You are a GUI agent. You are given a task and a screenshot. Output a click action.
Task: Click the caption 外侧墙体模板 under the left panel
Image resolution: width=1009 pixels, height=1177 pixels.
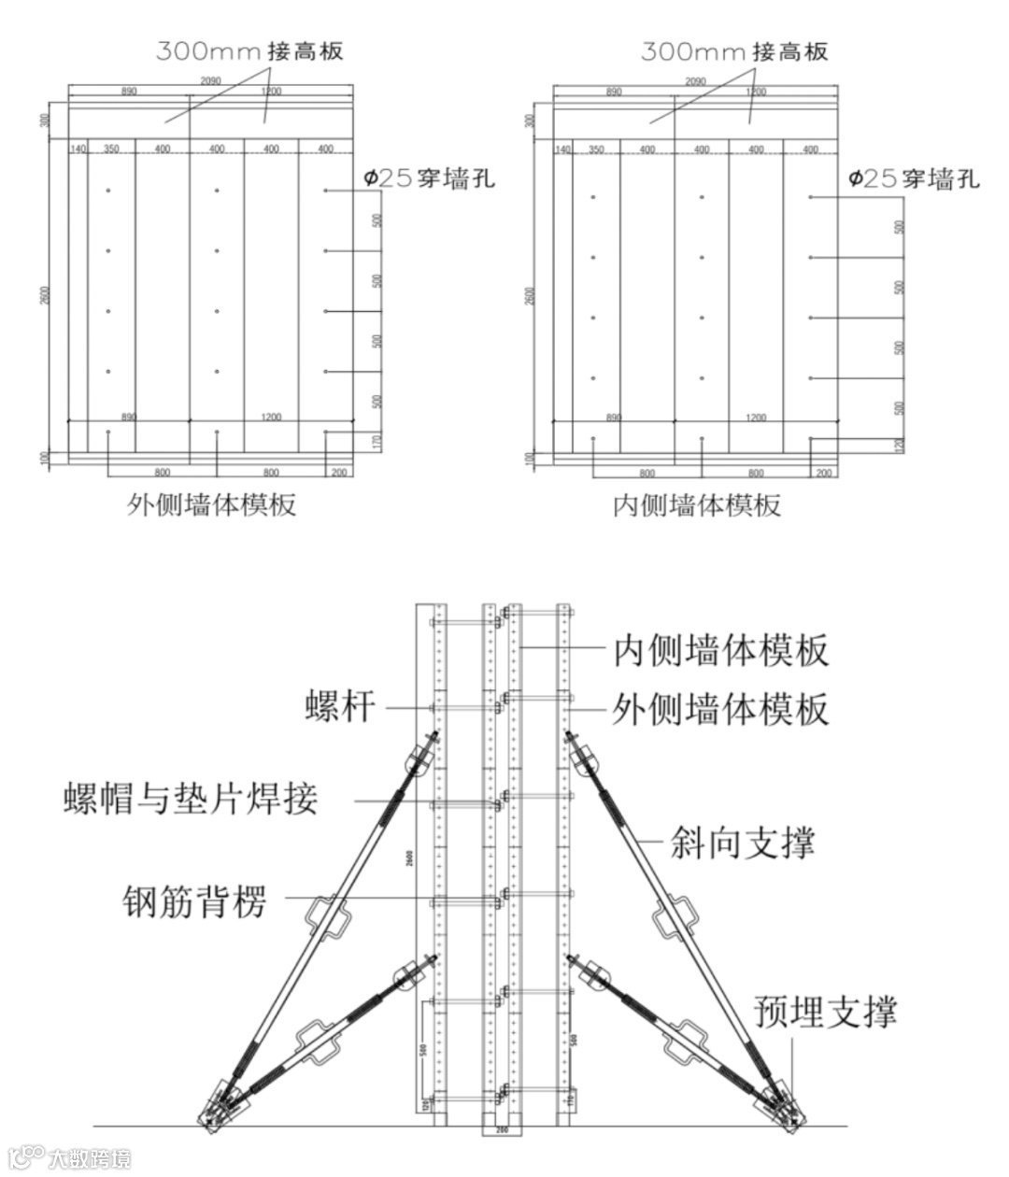(212, 505)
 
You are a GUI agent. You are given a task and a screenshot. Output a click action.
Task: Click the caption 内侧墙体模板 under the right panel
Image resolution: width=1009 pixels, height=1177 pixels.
(697, 505)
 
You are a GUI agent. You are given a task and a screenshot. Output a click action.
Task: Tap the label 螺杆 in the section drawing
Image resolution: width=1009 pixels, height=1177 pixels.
(340, 705)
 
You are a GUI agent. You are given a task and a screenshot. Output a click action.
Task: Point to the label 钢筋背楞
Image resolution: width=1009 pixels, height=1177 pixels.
(194, 901)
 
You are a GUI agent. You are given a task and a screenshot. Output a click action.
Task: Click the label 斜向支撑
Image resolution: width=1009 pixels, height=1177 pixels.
(743, 843)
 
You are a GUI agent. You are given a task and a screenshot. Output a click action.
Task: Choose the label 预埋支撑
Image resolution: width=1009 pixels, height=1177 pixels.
(826, 1011)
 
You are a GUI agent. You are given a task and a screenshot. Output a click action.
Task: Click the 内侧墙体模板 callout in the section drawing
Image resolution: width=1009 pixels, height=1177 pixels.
(721, 650)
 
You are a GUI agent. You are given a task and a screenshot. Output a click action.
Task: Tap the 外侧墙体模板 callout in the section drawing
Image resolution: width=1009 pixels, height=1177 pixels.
(721, 710)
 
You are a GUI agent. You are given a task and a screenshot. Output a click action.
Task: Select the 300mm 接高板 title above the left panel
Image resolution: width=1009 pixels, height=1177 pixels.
(249, 50)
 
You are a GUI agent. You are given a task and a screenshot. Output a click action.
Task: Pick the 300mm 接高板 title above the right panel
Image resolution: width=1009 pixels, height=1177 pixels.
(734, 50)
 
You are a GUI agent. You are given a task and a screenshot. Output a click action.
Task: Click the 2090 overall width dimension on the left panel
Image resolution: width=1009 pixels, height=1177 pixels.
(211, 81)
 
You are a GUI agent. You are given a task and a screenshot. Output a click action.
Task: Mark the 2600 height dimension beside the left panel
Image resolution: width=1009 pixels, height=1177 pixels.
(45, 294)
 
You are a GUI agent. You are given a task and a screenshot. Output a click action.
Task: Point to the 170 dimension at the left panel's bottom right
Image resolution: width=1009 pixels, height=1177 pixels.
(377, 442)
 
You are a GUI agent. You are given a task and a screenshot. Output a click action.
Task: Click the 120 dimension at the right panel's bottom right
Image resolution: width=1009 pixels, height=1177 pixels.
(900, 446)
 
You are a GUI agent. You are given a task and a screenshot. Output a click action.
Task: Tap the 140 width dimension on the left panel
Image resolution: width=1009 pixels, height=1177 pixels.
(78, 149)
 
